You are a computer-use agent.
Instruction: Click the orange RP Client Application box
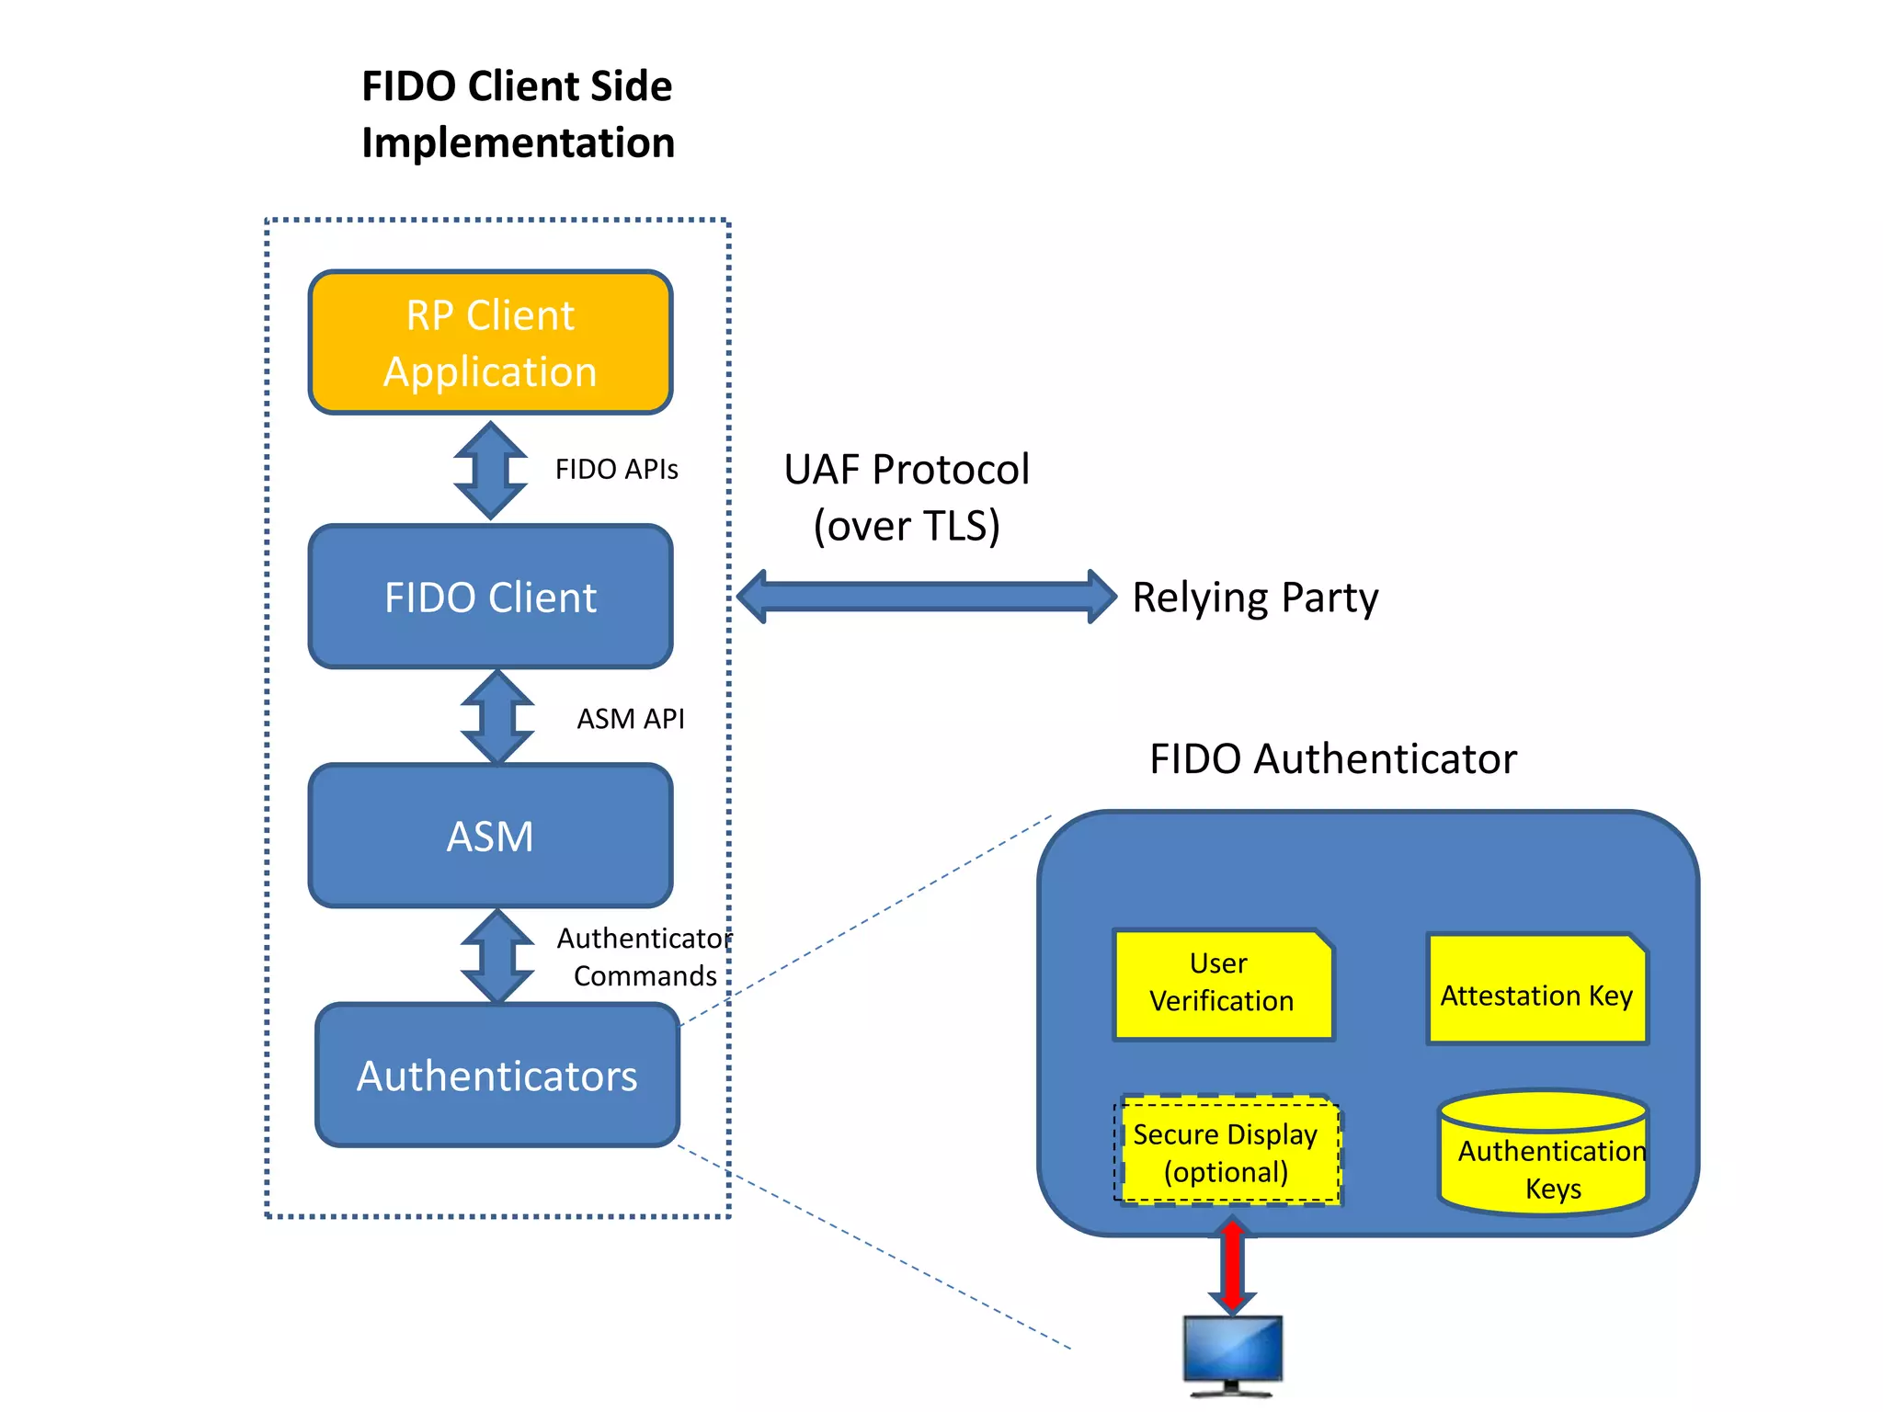(x=490, y=342)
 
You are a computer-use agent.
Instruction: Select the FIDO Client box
(x=490, y=597)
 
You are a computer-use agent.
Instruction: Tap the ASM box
(x=490, y=836)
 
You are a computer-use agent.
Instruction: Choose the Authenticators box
(x=496, y=1075)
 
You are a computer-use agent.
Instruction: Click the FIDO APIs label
(x=616, y=470)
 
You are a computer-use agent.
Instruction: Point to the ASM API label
(x=630, y=719)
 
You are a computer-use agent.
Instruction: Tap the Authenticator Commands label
(x=645, y=957)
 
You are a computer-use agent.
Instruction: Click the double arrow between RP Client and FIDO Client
(x=490, y=470)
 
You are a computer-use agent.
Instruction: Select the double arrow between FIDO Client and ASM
(x=496, y=717)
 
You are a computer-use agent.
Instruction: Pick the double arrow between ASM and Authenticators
(x=496, y=956)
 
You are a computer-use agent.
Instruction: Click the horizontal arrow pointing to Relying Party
(x=926, y=597)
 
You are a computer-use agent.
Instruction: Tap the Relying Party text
(x=1254, y=598)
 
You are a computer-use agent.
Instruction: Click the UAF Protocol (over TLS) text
(x=907, y=497)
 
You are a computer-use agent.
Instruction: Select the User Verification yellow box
(x=1222, y=983)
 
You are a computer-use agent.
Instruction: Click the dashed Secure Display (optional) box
(x=1226, y=1153)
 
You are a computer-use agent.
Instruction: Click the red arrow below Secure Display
(x=1232, y=1265)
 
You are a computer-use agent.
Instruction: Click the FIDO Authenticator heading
(x=1332, y=759)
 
